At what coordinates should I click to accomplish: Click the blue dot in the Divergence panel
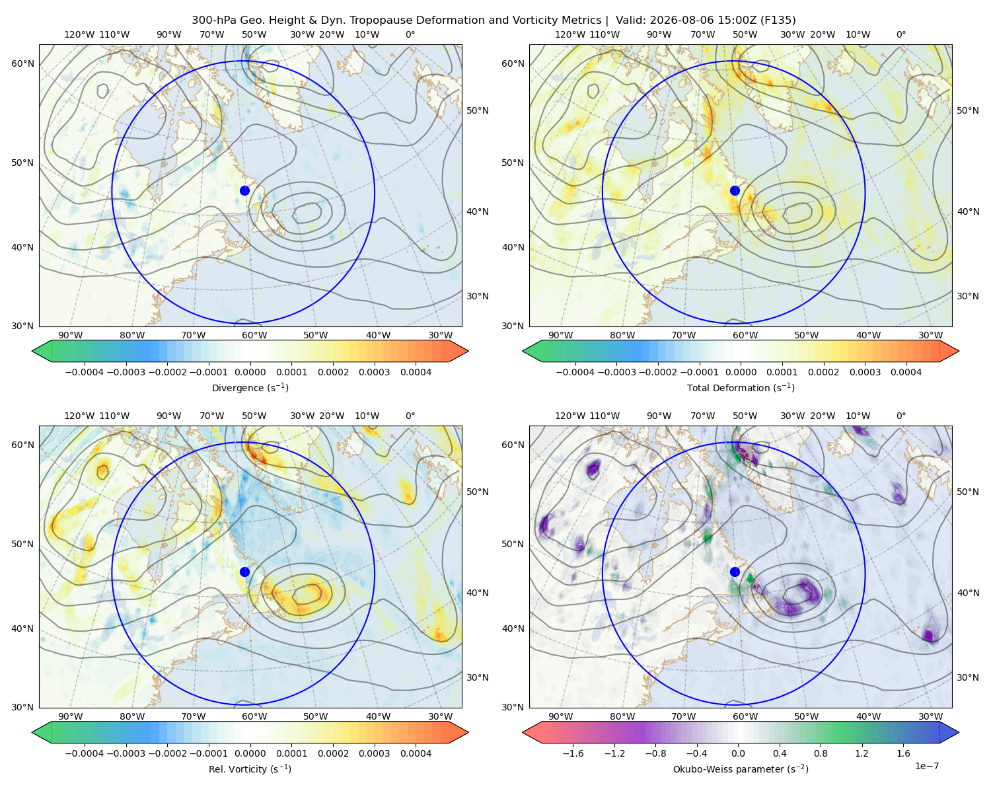[244, 190]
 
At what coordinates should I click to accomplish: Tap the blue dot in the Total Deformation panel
[735, 190]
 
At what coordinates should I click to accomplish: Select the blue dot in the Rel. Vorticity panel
[244, 572]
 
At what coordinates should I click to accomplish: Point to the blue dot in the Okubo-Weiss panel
[735, 572]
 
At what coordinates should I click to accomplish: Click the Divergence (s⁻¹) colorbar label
[250, 387]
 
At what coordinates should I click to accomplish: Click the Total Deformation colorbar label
[741, 387]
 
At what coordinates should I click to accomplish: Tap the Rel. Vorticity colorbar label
[250, 769]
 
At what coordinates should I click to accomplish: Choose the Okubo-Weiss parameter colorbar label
[741, 769]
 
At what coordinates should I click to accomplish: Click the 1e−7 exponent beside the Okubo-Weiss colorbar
[926, 766]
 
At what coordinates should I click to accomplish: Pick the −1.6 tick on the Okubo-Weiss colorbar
[573, 753]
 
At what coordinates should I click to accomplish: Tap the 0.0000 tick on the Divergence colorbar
[250, 372]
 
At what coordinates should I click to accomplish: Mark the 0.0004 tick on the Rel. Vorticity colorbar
[416, 753]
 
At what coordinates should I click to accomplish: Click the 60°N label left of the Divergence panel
[22, 63]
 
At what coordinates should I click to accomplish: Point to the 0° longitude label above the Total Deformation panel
[900, 34]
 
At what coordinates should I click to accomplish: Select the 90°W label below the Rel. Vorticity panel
[71, 716]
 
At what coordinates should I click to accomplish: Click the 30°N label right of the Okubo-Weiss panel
[967, 677]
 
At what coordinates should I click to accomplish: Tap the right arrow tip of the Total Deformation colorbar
[959, 351]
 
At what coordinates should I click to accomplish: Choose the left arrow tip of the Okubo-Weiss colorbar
[523, 732]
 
